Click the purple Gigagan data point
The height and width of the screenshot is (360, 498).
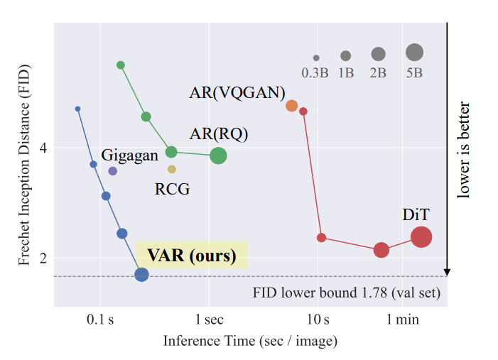112,171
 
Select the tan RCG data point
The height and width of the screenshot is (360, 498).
172,169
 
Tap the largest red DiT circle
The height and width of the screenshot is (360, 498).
421,237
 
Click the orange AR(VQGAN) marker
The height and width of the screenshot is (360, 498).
291,106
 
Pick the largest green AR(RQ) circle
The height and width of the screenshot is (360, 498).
218,156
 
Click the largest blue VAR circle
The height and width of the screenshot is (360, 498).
141,275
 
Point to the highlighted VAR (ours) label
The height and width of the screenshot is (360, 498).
191,256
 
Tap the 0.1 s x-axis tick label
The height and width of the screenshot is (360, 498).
100,320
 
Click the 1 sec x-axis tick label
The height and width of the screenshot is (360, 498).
209,320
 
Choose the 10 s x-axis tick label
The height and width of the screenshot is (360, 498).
318,320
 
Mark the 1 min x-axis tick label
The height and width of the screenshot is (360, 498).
403,320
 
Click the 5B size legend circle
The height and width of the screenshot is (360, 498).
414,53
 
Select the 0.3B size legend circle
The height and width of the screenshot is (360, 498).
316,58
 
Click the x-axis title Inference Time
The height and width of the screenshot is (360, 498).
250,341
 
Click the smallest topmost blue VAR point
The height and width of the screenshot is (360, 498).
77,109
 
